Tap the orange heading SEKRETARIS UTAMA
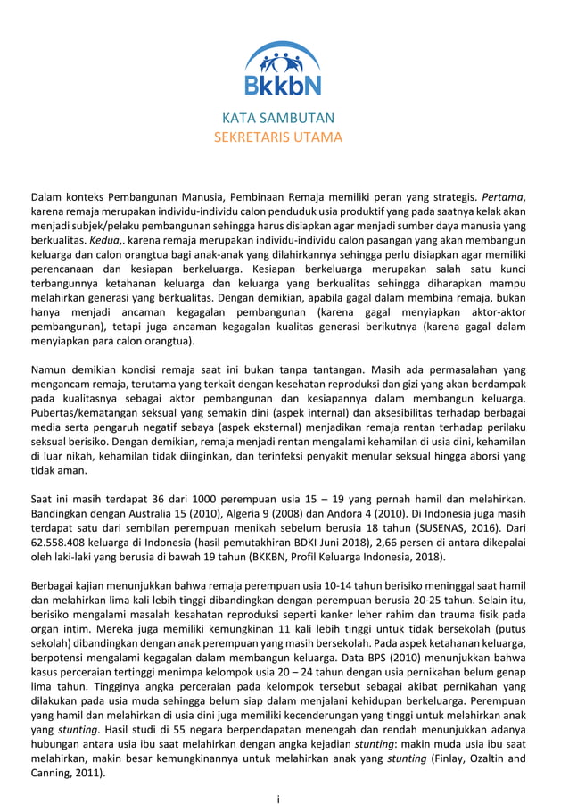[278, 137]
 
